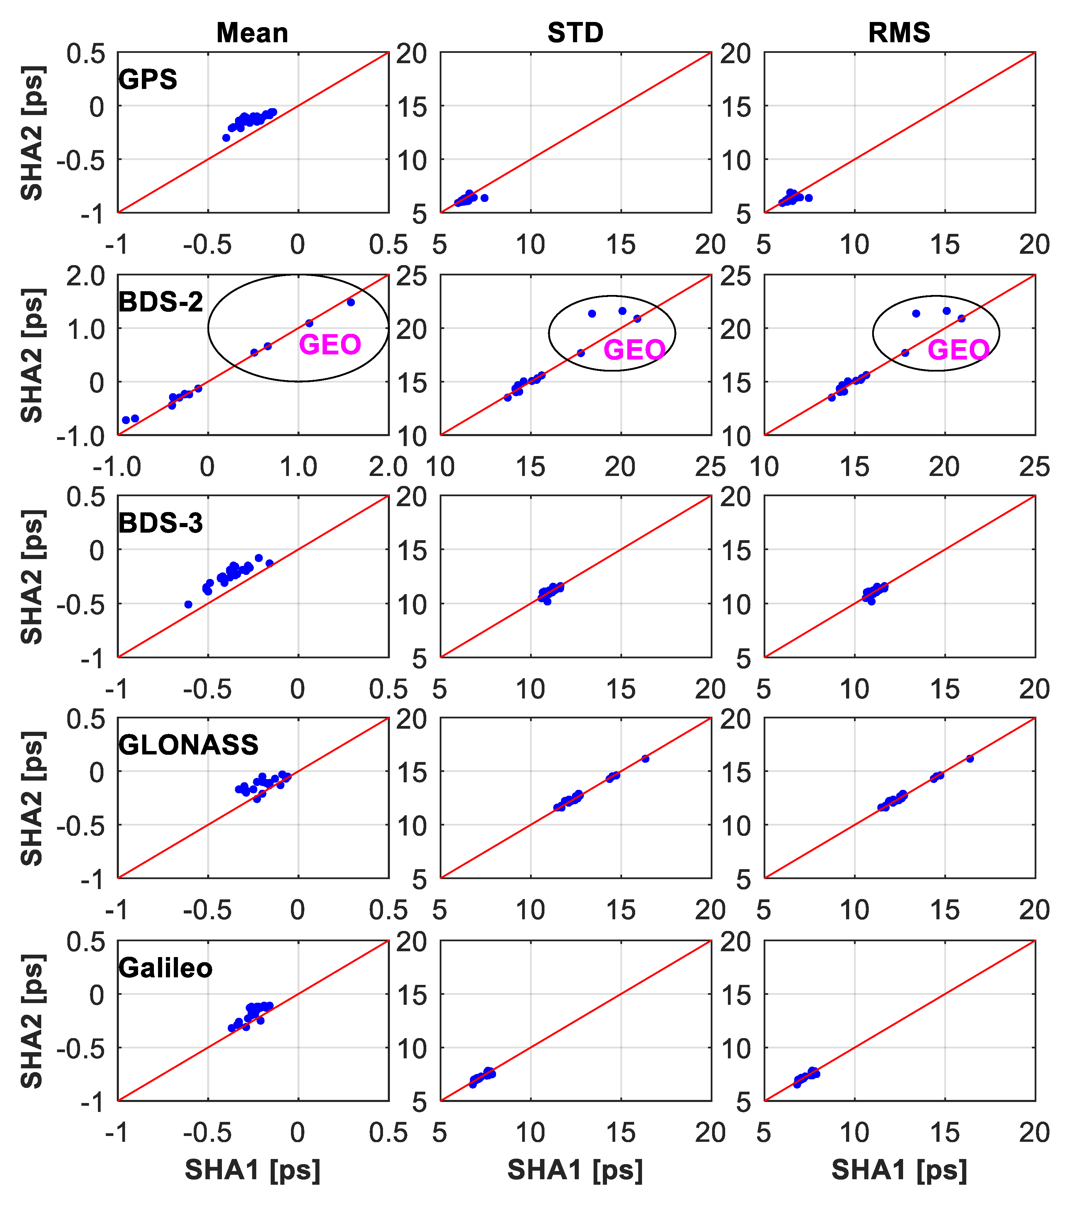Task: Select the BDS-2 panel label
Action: pos(160,302)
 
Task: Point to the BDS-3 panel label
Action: pos(160,523)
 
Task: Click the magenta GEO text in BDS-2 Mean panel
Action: pos(330,345)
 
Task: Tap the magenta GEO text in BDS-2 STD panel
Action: pos(634,350)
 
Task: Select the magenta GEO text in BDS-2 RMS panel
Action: pos(958,350)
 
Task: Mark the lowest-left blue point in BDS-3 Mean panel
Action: pos(189,604)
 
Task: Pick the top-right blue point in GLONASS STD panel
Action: pos(645,759)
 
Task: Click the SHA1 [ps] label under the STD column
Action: pos(575,1170)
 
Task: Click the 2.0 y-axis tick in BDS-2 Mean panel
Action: pos(86,275)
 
